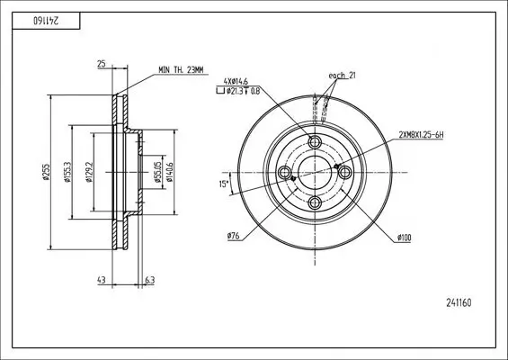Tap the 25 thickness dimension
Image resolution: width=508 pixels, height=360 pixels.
(x=102, y=65)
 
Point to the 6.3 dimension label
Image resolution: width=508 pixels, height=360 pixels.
(x=149, y=281)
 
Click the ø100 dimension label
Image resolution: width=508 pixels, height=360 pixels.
(x=404, y=237)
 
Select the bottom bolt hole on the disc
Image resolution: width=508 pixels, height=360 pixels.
(x=315, y=202)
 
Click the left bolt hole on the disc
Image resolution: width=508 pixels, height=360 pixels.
(x=285, y=173)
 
